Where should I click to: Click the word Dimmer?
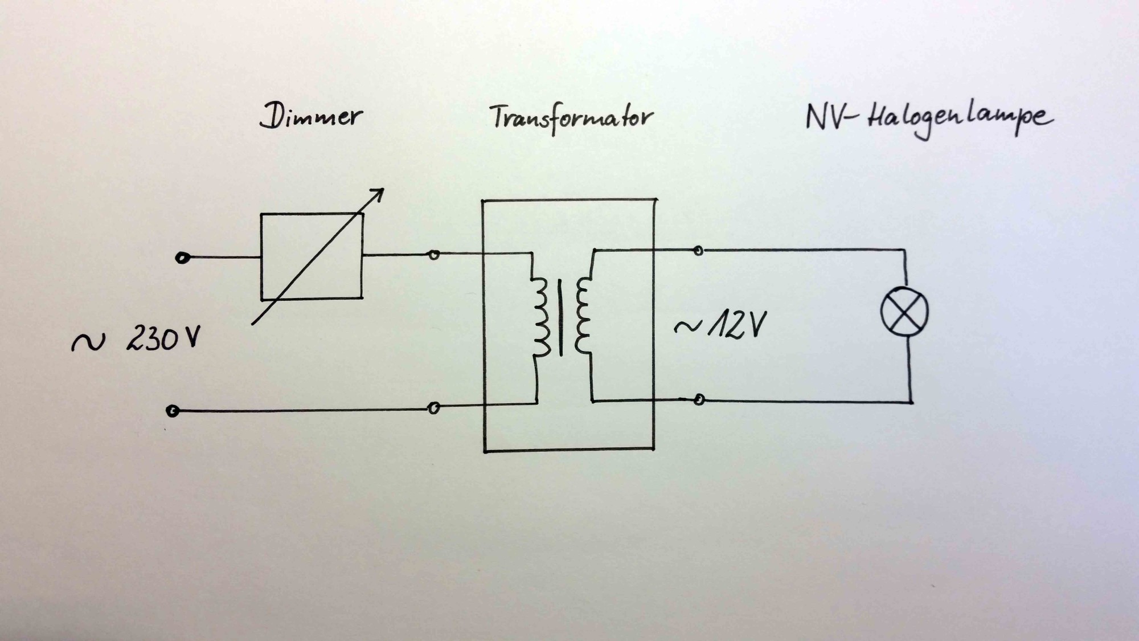point(311,117)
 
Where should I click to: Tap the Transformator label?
point(571,118)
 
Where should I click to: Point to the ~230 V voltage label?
point(137,340)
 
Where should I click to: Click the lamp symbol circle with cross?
point(904,312)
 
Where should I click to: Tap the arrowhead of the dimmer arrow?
point(378,194)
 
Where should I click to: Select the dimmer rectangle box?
point(312,256)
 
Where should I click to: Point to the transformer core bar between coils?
point(561,317)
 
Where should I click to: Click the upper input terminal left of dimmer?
point(182,258)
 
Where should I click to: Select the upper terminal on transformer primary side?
point(433,255)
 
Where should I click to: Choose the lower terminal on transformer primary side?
point(433,408)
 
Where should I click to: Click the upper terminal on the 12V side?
point(698,250)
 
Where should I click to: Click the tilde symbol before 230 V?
point(88,342)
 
